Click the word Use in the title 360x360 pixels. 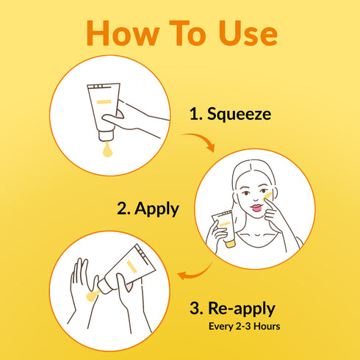coord(248,33)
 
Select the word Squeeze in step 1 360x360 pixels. coord(239,114)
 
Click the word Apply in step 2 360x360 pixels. coord(156,209)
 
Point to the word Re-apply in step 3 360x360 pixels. coord(242,309)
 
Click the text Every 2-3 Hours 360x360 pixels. coord(244,326)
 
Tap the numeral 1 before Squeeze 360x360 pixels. coord(194,114)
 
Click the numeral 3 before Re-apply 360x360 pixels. coord(195,309)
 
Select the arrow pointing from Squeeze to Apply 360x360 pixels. coord(201,140)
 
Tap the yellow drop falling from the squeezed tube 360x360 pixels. coord(107,150)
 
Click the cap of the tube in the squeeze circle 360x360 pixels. coord(106,136)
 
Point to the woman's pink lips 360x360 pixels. coord(256,208)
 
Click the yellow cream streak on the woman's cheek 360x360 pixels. coord(267,196)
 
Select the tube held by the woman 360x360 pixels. coord(224,228)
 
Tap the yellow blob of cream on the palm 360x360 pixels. coord(92,295)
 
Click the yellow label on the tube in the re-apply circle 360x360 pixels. coord(132,267)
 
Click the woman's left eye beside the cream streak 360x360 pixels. coord(263,191)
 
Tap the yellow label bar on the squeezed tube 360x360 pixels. coord(104,102)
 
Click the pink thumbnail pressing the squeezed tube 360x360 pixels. coord(120,115)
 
